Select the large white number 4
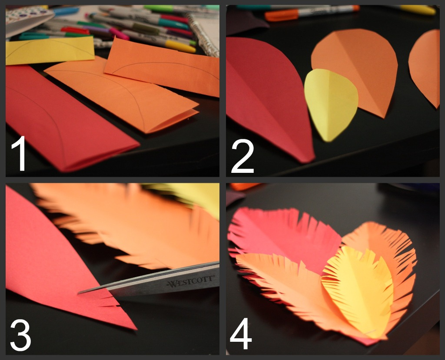(x=242, y=335)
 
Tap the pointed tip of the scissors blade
(x=79, y=293)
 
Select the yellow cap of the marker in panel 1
(x=180, y=46)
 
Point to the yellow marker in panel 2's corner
(x=417, y=10)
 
